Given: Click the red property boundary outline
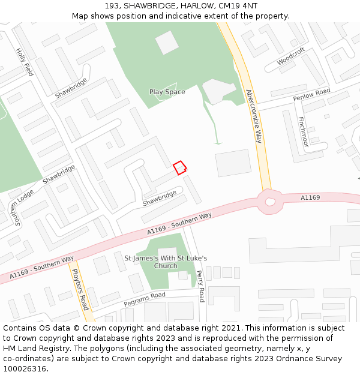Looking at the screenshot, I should pos(179,167).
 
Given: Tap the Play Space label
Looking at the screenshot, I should pos(167,92).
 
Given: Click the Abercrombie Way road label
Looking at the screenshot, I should pos(254,116).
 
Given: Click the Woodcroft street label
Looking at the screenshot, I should pos(291,56).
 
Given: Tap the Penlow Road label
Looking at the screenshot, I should pos(311,95).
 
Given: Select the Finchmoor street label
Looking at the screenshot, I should pos(303,132).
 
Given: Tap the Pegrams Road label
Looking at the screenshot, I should pos(145,299).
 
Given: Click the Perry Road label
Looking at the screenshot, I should pos(200,286).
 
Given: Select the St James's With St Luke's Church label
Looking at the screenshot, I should pos(166,262).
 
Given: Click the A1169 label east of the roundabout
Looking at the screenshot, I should pos(310,197).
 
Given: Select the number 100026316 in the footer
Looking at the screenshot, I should pos(25,368).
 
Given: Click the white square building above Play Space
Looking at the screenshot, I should pos(167,42).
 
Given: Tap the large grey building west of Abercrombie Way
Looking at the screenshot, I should pos(233,163).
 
